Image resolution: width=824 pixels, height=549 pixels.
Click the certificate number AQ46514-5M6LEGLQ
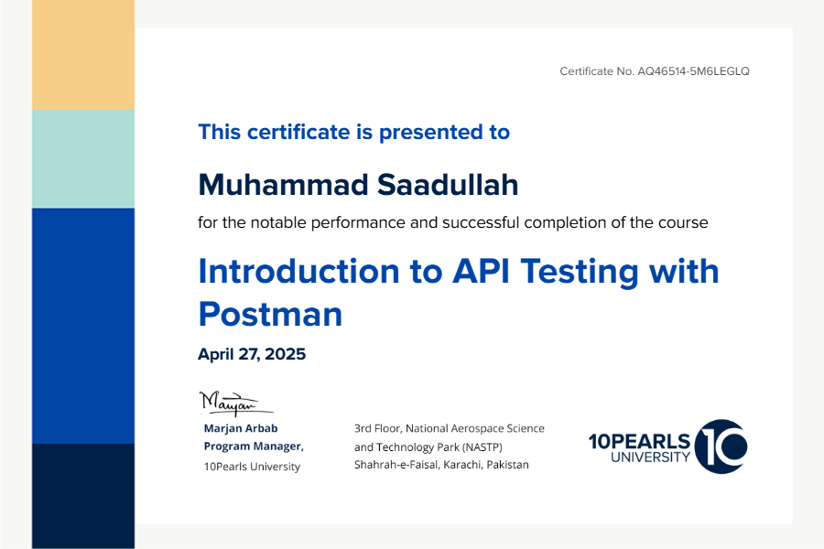pos(693,71)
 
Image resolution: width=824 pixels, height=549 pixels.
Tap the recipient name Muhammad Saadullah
pos(358,185)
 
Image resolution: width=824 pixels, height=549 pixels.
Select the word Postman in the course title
pos(270,314)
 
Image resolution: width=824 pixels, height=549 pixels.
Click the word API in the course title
pos(482,271)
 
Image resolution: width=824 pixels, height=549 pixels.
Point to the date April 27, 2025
pos(252,354)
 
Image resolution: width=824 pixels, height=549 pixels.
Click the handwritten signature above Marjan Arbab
pos(235,403)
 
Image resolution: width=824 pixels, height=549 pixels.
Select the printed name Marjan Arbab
pos(241,428)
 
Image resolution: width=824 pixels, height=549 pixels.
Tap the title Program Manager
pos(254,446)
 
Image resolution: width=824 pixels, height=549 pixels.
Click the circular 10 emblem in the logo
pos(721,446)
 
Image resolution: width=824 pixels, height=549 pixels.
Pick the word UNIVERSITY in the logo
pos(650,457)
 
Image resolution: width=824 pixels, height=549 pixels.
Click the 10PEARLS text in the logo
pos(639,441)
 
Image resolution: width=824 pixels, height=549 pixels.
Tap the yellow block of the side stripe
pos(83,55)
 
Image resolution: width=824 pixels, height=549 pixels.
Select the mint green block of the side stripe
pos(83,158)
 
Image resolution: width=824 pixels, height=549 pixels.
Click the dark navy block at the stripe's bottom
pos(83,496)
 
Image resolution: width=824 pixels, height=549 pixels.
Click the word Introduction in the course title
pos(299,271)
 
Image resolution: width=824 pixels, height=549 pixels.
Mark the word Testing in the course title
pos(580,272)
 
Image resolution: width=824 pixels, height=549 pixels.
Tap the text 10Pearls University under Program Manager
pos(253,467)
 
